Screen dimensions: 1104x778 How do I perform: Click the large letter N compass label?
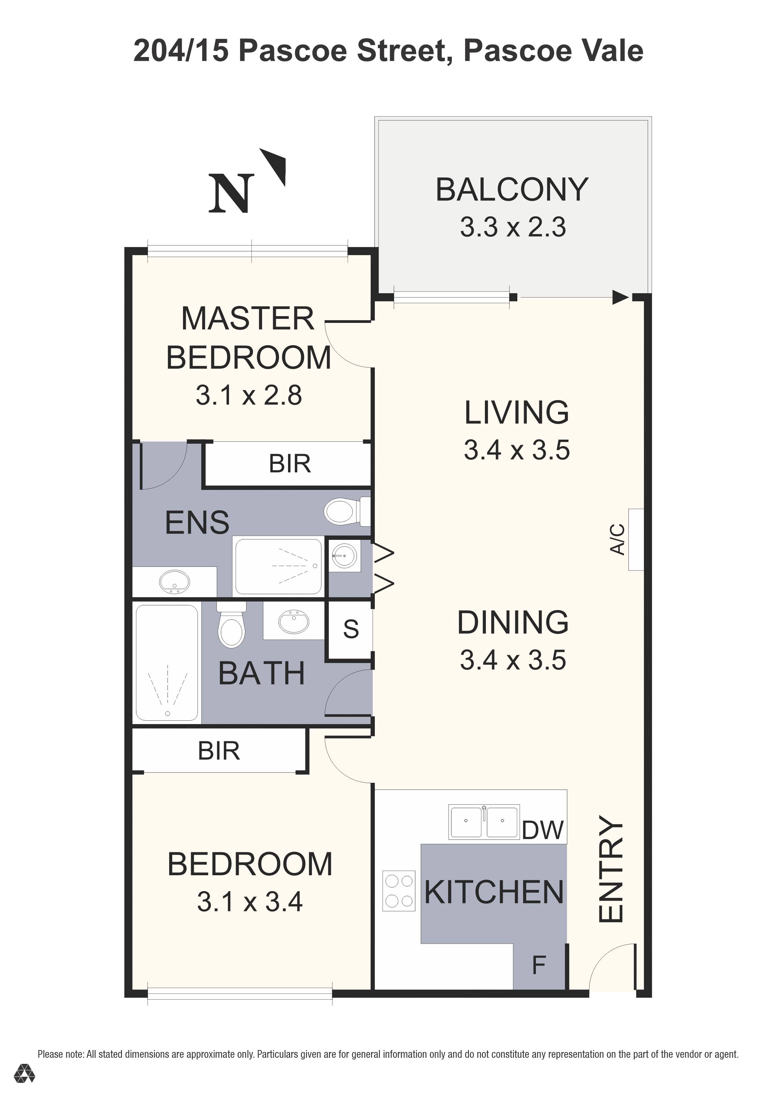pos(231,193)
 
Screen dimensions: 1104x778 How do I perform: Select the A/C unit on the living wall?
pos(636,540)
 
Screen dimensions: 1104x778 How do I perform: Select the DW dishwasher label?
pos(543,830)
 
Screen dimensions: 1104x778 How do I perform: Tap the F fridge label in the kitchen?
pos(539,965)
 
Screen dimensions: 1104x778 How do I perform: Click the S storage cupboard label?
pos(351,629)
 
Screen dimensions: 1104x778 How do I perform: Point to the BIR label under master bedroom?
pos(290,464)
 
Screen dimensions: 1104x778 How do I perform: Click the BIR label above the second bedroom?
pos(219,751)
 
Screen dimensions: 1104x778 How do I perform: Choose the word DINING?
pos(513,622)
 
